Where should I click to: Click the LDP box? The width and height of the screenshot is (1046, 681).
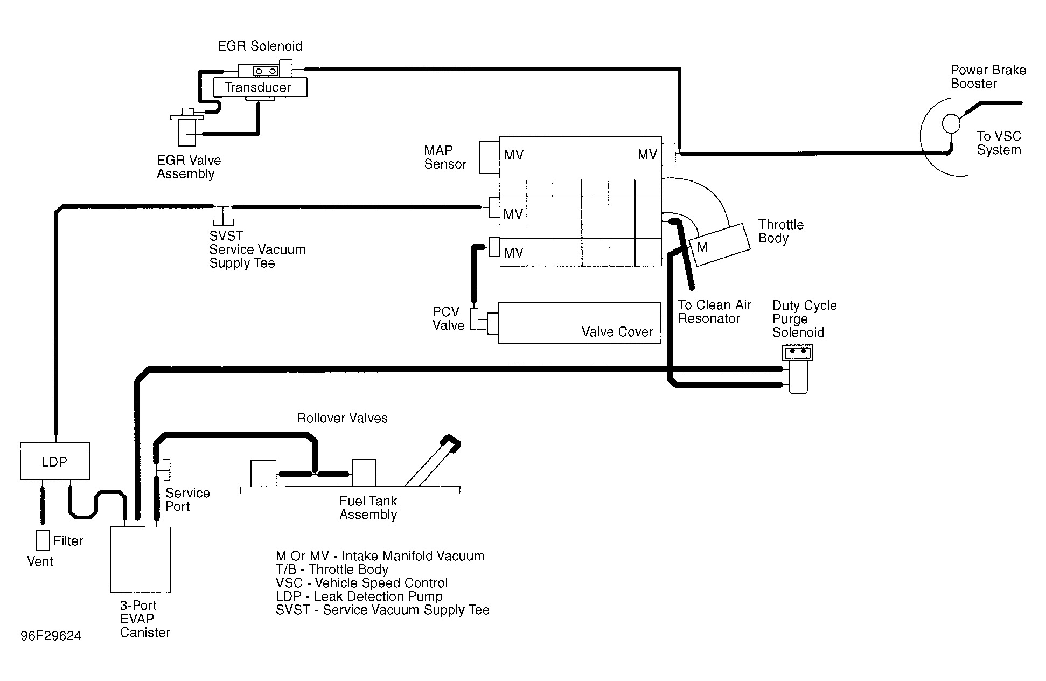(x=54, y=461)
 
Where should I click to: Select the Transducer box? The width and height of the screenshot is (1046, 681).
(x=260, y=87)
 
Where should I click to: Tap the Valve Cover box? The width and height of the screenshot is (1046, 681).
(x=579, y=322)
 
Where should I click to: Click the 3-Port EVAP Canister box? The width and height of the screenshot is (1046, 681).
(x=140, y=559)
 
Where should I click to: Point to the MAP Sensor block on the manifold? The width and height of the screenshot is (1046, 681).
(x=489, y=157)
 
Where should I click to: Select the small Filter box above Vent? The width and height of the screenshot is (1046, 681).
(x=42, y=540)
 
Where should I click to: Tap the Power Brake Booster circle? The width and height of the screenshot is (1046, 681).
(x=951, y=123)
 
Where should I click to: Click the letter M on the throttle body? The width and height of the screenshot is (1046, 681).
(x=702, y=247)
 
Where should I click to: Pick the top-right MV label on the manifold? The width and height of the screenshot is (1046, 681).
(x=647, y=155)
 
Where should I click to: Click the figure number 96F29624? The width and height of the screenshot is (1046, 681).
(x=51, y=636)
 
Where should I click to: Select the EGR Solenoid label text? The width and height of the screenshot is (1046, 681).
(x=260, y=46)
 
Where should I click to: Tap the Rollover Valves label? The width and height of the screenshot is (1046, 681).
(x=342, y=418)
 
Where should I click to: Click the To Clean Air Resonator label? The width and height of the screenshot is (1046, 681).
(x=714, y=311)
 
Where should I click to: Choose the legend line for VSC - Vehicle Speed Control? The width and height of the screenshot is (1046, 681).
(x=361, y=583)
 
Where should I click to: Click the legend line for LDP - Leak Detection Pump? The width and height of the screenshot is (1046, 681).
(x=359, y=596)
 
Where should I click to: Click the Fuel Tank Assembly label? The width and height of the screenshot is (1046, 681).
(x=368, y=508)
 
